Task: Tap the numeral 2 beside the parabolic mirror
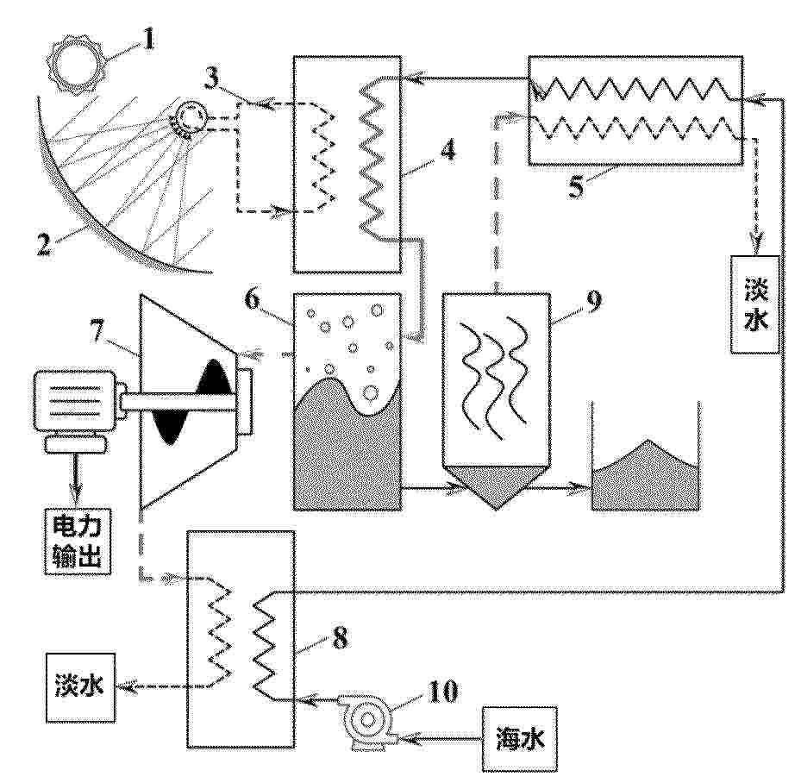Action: coord(44,243)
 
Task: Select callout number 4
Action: coord(447,150)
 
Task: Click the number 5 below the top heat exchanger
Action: coord(576,186)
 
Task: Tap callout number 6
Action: coord(253,299)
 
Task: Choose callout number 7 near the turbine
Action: coord(98,331)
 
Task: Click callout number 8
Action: coord(341,637)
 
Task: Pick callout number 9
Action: coord(593,303)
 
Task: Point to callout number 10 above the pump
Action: coord(442,692)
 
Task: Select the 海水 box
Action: coord(520,738)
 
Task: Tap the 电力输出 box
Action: coord(77,542)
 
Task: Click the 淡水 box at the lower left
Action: coord(80,687)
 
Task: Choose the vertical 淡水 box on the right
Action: coord(755,304)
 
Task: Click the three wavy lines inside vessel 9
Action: coord(493,374)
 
